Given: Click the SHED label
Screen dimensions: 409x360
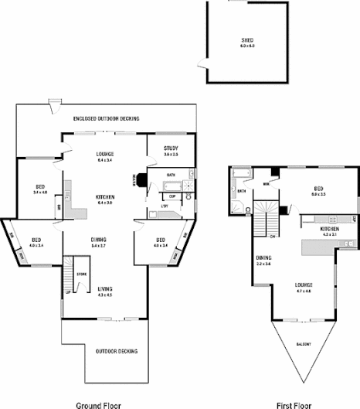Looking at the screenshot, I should click(x=247, y=42).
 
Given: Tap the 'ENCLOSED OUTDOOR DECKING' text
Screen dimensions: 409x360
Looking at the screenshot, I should click(x=106, y=118).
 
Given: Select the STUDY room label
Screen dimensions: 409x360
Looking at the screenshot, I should click(x=171, y=151).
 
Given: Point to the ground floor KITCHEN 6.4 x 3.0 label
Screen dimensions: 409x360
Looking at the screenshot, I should click(x=105, y=199).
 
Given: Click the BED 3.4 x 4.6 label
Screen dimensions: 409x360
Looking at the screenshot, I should click(x=41, y=189).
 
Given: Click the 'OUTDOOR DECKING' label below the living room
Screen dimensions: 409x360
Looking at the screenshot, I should click(x=117, y=351).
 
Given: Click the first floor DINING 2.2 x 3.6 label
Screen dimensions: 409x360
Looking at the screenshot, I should click(x=264, y=261).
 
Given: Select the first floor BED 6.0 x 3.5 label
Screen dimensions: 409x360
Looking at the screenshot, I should click(x=318, y=191).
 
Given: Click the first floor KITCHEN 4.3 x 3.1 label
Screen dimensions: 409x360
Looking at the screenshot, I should click(x=330, y=231).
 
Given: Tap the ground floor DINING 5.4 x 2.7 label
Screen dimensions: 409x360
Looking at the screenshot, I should click(x=99, y=242).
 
